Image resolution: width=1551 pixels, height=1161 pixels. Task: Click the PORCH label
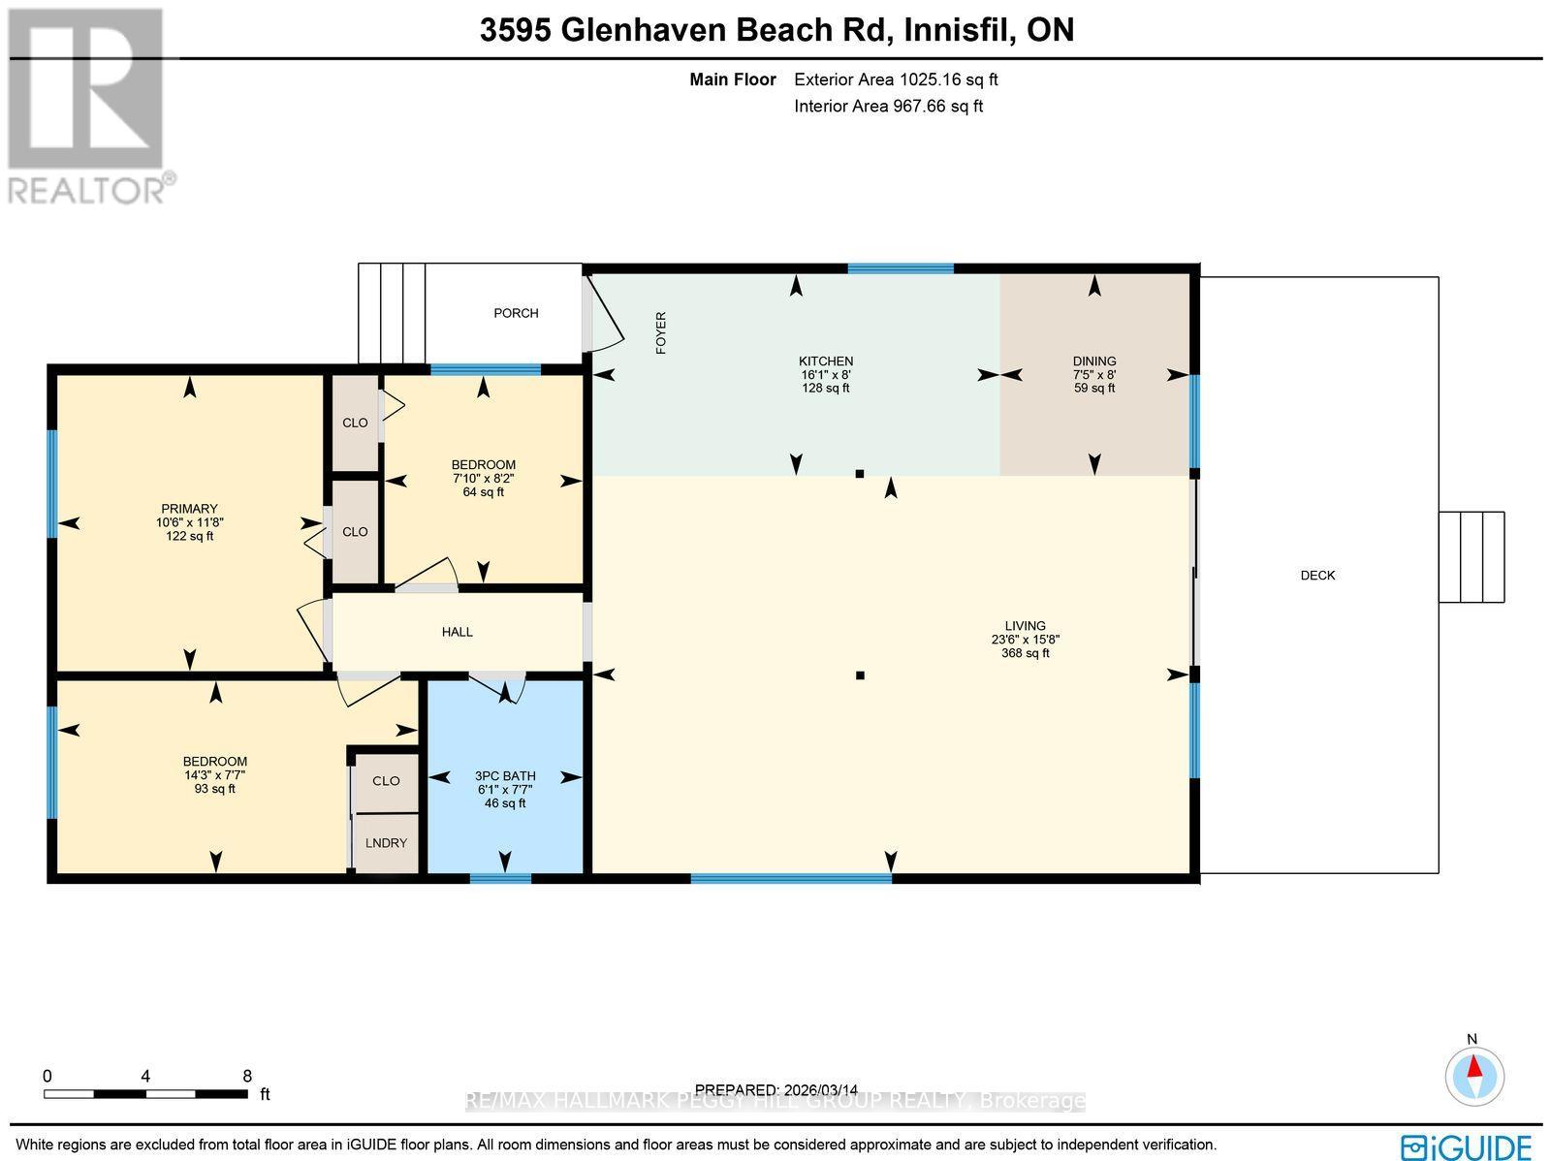(516, 313)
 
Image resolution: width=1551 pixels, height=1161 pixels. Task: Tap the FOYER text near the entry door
(661, 332)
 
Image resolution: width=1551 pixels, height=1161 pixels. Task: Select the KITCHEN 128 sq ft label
(825, 374)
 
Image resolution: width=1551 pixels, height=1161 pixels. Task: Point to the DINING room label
(1094, 374)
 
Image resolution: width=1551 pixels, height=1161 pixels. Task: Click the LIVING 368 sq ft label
(1025, 640)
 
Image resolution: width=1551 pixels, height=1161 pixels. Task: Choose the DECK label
(1317, 576)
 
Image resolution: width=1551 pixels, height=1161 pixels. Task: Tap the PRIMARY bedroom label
(189, 521)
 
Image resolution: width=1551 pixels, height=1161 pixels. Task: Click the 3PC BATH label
(505, 789)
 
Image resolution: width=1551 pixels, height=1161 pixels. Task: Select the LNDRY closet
(386, 843)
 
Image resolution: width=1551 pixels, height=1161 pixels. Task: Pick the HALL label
(457, 632)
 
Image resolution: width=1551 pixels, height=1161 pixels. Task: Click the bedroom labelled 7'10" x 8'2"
(483, 478)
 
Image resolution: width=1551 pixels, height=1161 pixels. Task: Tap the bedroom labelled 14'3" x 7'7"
(214, 774)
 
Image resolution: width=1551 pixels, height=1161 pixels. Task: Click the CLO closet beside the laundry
(386, 781)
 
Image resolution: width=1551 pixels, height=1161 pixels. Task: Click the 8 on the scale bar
(247, 1076)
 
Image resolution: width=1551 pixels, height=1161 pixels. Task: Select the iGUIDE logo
(1466, 1145)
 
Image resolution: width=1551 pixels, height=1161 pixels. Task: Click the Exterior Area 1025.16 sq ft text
(895, 80)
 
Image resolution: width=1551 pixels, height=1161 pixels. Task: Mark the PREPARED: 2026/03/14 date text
(777, 1089)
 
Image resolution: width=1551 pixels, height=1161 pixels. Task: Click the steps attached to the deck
(1471, 557)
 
